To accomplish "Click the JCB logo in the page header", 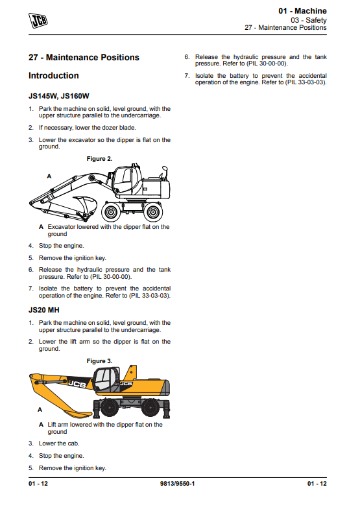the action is (38, 21).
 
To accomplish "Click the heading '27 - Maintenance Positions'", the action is (84, 58).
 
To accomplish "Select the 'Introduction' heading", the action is (54, 76).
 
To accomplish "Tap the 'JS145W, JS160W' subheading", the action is (59, 96).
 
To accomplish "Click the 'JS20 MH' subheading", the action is (44, 310).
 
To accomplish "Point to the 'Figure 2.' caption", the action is (99, 159).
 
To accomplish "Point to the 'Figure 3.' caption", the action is (99, 361).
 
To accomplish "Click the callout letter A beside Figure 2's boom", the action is (49, 176).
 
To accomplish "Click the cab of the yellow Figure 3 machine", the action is (106, 380).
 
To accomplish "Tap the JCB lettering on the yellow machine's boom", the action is (77, 384).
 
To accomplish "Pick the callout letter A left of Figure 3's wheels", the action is (40, 410).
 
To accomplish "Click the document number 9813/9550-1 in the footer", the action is (177, 484).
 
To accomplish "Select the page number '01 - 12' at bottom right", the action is (317, 484).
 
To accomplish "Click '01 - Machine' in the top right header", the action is (302, 11).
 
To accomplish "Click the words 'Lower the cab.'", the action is (59, 444).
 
